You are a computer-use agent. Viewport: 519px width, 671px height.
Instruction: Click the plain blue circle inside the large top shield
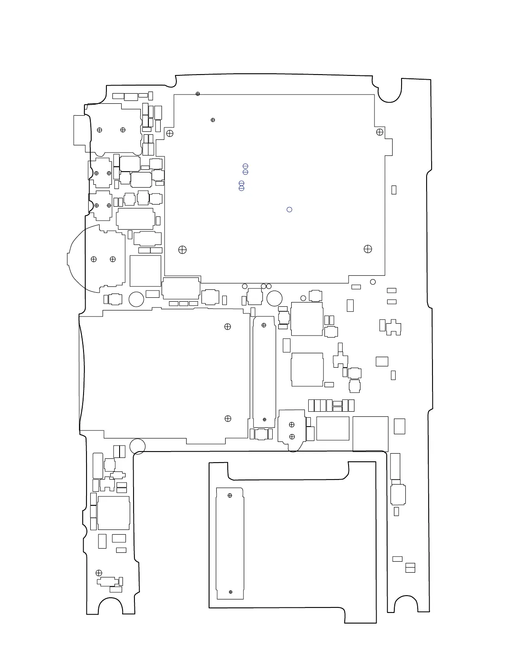point(290,209)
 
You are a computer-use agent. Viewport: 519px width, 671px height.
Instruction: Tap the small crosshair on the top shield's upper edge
point(198,94)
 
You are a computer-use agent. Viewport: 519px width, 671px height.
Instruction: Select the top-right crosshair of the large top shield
point(379,132)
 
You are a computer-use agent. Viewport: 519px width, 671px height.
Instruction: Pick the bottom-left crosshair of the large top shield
point(182,250)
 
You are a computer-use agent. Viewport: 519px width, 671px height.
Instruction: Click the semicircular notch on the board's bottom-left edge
point(111,607)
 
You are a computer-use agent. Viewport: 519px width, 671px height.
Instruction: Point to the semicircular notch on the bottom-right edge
point(405,605)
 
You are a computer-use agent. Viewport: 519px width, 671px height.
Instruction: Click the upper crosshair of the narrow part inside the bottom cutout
point(230,495)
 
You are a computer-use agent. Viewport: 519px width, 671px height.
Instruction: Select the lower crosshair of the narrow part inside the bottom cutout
point(231,592)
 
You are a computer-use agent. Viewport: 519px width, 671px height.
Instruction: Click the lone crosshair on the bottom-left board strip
point(99,573)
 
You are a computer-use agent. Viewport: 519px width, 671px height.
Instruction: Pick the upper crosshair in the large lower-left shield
point(228,327)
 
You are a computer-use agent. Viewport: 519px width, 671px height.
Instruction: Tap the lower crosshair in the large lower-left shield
point(228,419)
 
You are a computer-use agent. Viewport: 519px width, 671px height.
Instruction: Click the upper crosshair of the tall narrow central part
point(264,325)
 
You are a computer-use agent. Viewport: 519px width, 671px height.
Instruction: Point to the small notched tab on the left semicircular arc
point(68,258)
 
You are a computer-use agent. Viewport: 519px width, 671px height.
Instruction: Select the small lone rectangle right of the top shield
point(393,190)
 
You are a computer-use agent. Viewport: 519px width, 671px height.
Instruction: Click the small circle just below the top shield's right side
point(373,282)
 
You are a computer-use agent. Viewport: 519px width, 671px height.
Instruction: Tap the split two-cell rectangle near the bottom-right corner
point(410,568)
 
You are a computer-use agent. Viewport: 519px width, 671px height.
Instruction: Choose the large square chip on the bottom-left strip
point(113,513)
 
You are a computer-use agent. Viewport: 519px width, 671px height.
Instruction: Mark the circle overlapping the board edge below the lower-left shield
point(137,446)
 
